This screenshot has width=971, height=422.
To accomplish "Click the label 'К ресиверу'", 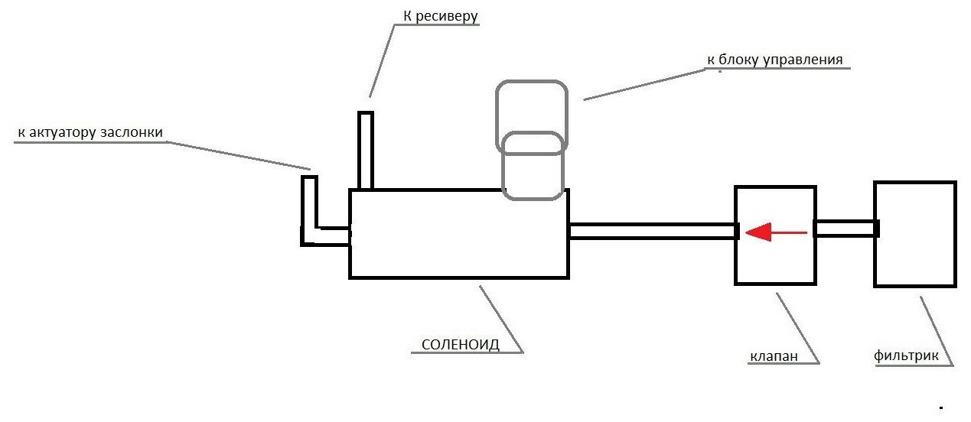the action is (x=441, y=17).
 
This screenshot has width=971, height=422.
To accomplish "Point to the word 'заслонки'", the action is (x=132, y=132).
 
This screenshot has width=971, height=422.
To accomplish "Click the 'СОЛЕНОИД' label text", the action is (x=461, y=345).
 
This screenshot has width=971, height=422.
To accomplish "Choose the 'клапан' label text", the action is (x=774, y=356).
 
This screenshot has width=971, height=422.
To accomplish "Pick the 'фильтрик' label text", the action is (x=906, y=355).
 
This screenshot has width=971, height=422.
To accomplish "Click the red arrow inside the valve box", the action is (x=776, y=232).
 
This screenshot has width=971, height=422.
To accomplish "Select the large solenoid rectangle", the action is (x=458, y=278).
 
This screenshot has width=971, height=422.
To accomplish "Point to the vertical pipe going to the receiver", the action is (x=366, y=151).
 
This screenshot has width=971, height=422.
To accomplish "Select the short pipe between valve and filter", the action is (x=846, y=229).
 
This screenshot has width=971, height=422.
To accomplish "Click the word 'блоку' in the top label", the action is (x=738, y=60).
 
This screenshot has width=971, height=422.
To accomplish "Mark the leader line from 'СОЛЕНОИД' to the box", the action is (x=501, y=320).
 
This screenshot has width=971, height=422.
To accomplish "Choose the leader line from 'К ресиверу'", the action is (x=382, y=61).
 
